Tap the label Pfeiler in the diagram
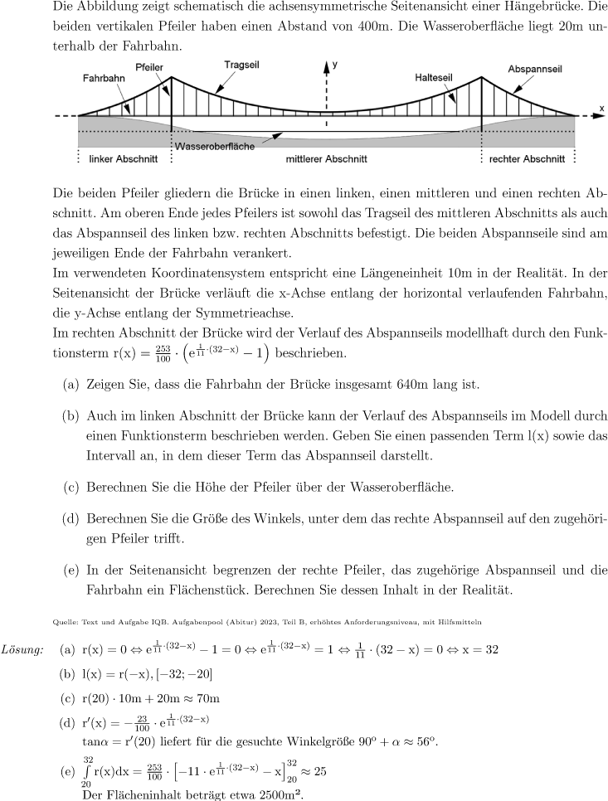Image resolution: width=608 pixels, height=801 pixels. pos(149,66)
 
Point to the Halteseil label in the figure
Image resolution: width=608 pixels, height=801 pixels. pos(434,76)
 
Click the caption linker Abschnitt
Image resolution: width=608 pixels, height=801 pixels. pos(115,158)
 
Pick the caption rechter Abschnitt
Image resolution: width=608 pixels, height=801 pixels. pos(527,158)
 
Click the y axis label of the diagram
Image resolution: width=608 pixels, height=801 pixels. pos(335,63)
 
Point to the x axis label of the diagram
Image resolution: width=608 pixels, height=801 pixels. pos(601,109)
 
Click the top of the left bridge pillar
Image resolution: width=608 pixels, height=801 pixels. pos(172,78)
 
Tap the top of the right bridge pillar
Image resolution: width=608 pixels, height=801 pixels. pos(482,78)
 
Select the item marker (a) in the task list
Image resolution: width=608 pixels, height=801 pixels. pos(71,384)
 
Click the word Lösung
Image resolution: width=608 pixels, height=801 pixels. pos(23,648)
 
